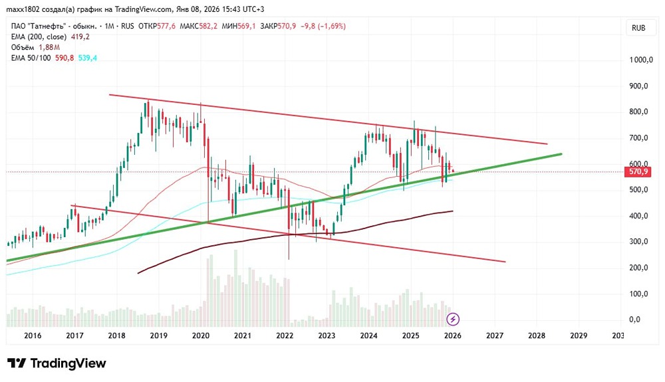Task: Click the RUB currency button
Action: pos(638,28)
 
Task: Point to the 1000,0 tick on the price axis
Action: pos(642,60)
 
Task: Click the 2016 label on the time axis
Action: pos(33,337)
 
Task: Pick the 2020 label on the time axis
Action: pos(200,337)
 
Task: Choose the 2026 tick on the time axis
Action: pos(452,337)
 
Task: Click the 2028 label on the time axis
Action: pos(536,337)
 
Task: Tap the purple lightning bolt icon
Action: pos(453,320)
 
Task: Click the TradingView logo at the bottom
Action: pos(57,363)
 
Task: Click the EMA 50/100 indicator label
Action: pos(33,58)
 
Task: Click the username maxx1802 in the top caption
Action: pos(24,9)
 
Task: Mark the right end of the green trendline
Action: pos(561,154)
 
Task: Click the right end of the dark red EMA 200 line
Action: pos(453,211)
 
